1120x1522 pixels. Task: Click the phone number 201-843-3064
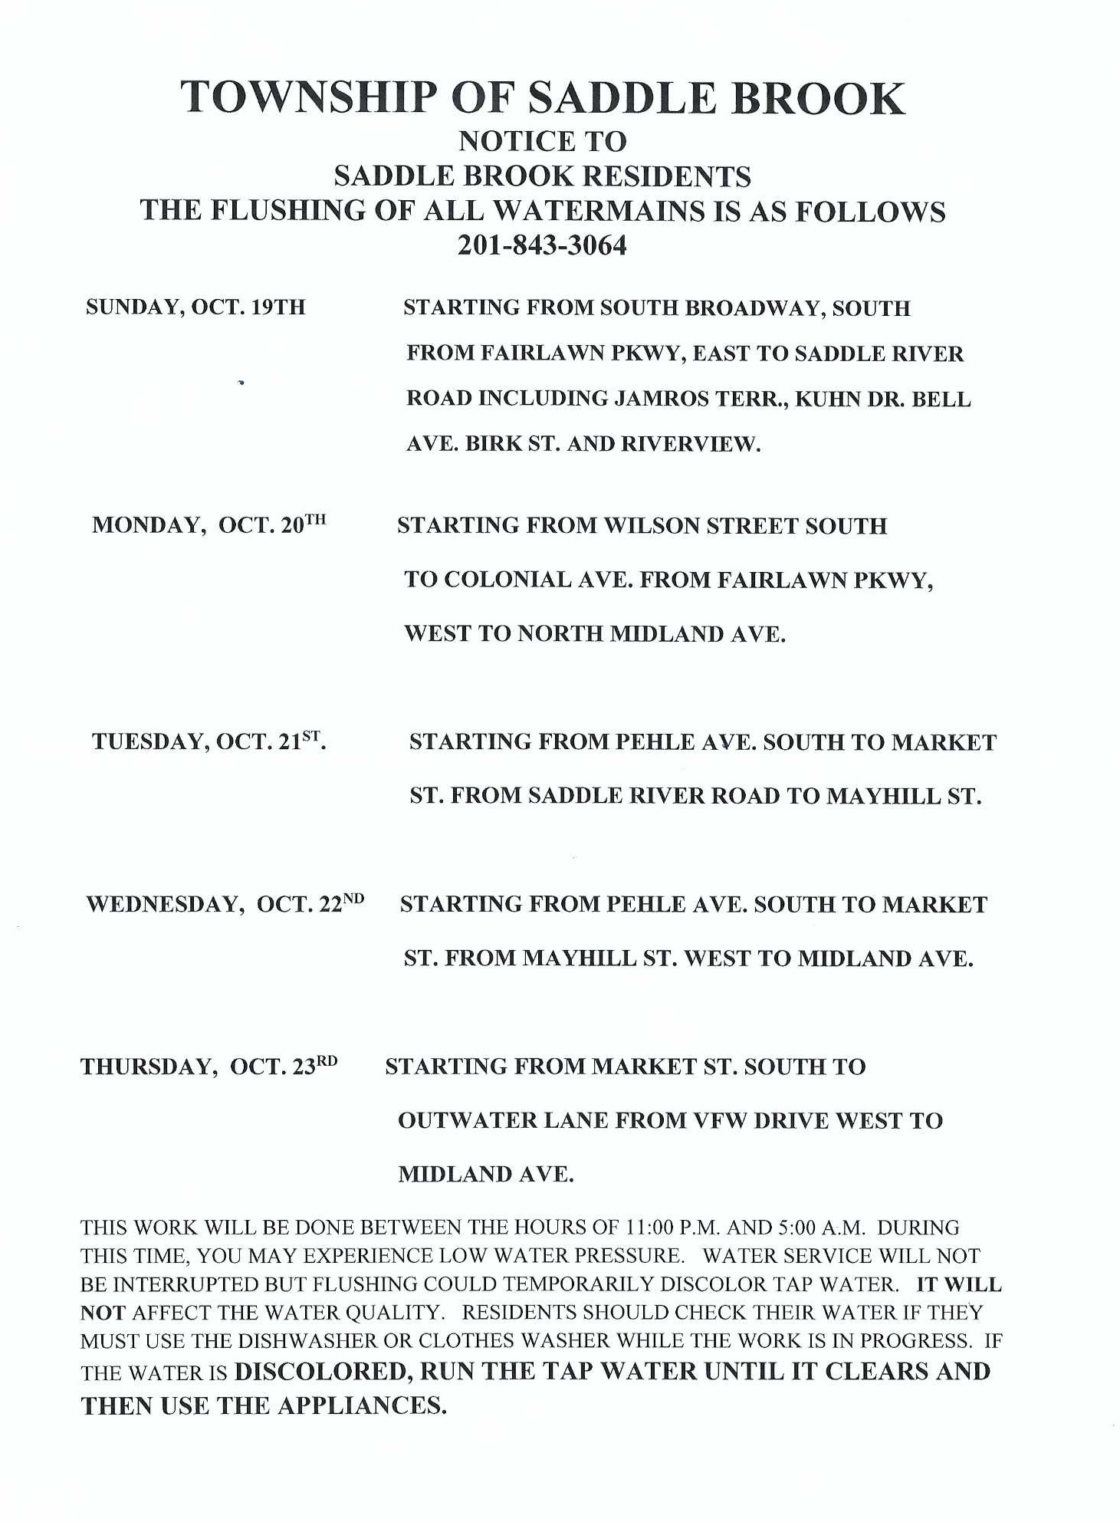(x=542, y=245)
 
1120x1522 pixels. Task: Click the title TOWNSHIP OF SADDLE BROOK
(x=543, y=98)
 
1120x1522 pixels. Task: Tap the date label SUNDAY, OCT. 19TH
(x=195, y=307)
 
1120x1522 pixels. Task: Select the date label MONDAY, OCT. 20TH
(x=209, y=525)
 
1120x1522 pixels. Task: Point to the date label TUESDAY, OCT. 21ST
(x=209, y=741)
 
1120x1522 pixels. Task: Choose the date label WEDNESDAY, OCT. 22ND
(x=225, y=904)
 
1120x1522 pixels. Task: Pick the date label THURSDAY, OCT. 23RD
(x=209, y=1067)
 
